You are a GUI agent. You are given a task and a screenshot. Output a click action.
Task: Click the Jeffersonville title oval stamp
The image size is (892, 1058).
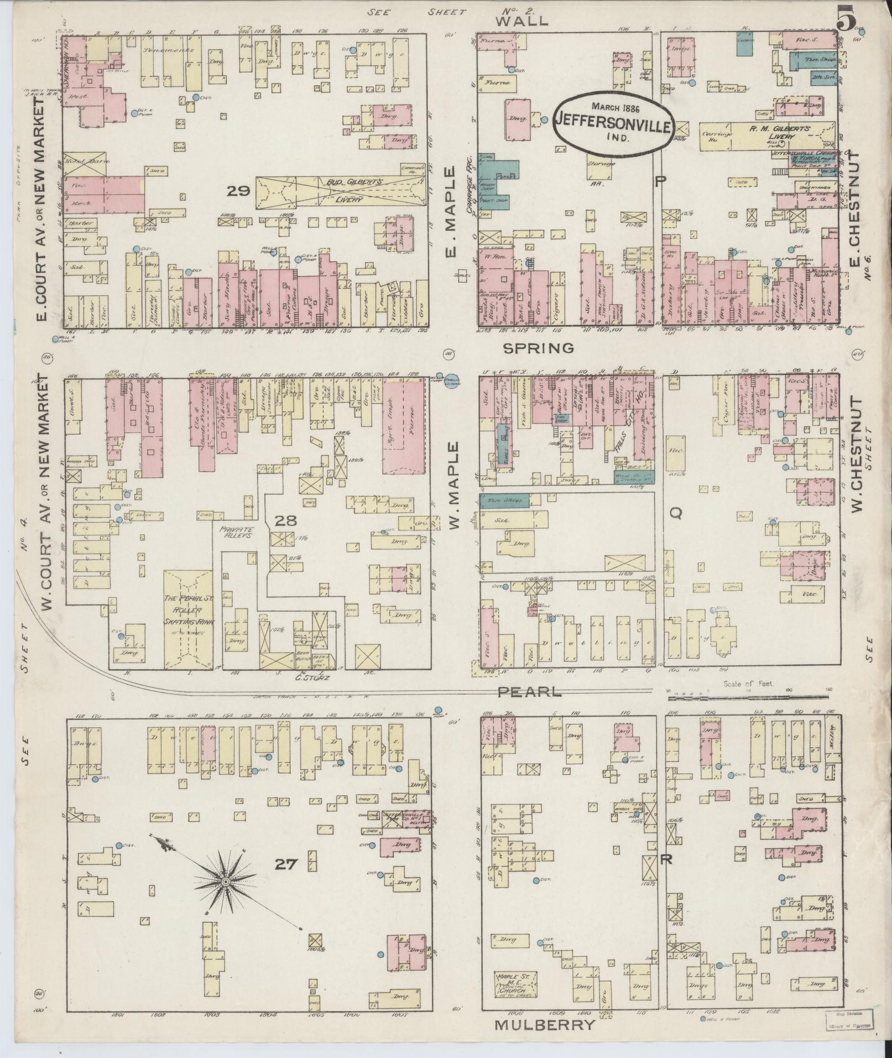point(613,122)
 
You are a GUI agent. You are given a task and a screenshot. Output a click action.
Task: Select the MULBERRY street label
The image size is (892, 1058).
point(544,1025)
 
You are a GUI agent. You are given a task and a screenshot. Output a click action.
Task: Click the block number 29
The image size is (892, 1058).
point(238,191)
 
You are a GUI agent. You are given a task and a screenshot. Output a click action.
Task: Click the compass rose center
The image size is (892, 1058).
point(226,880)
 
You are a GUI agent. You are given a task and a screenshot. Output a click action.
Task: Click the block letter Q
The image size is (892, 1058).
point(675,514)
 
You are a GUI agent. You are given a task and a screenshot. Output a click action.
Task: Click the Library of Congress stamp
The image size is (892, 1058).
point(850,1019)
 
